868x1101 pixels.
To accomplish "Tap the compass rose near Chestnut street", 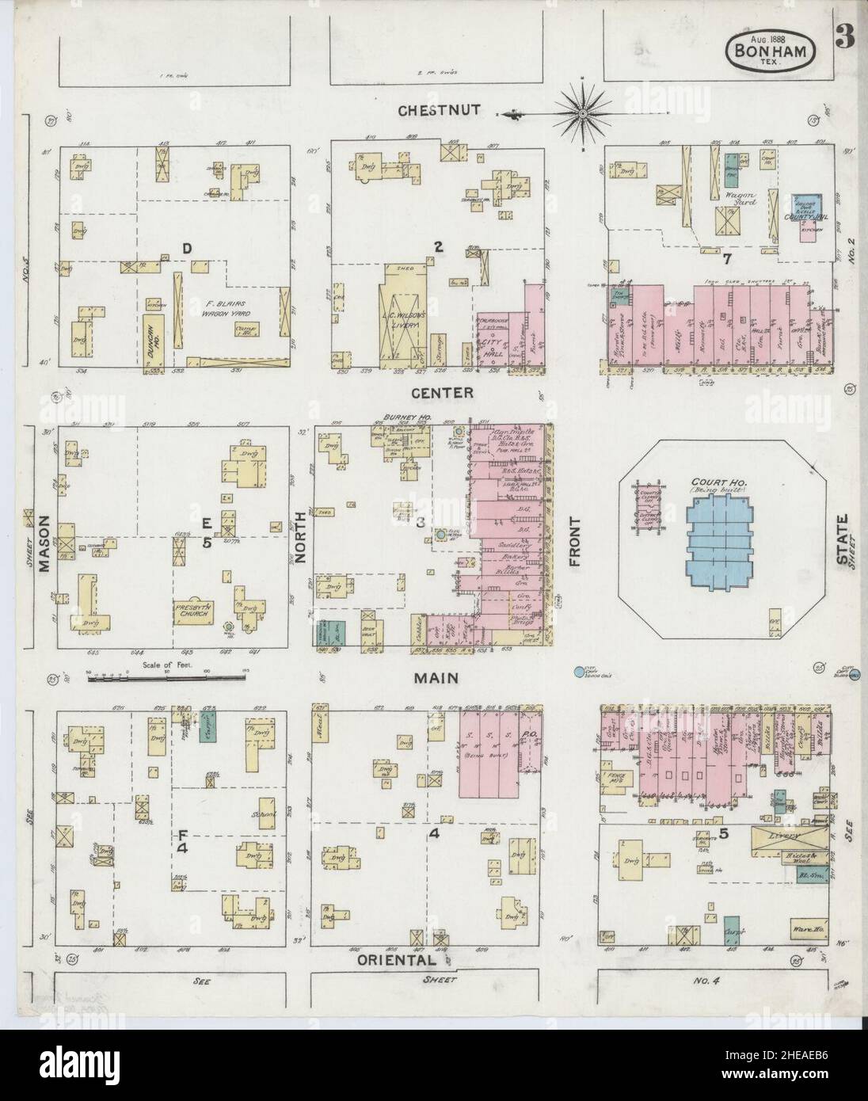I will click(x=582, y=114).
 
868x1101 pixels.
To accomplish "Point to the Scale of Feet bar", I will click(x=168, y=676).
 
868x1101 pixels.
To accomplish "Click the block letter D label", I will click(x=187, y=250).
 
